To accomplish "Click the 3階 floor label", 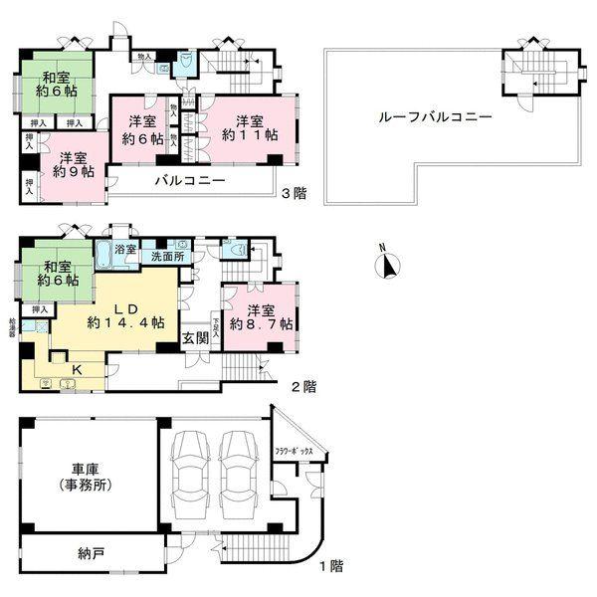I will pyautogui.click(x=294, y=193).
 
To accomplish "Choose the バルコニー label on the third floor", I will pyautogui.click(x=189, y=181).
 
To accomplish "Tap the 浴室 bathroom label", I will pyautogui.click(x=125, y=247).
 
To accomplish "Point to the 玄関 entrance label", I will pyautogui.click(x=194, y=338).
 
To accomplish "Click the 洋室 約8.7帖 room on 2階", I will pyautogui.click(x=260, y=316).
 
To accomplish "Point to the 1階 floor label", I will pyautogui.click(x=331, y=567).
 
